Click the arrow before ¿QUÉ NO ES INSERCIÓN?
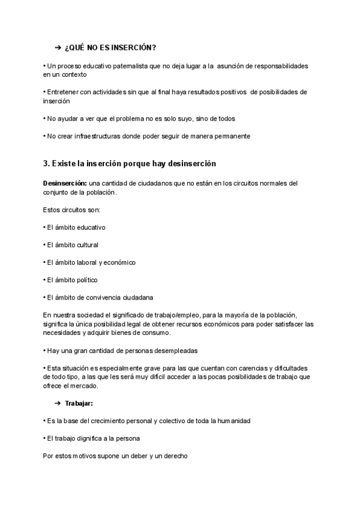click(x=58, y=47)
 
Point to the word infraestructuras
click(x=101, y=136)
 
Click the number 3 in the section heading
click(x=46, y=163)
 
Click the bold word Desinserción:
click(x=65, y=183)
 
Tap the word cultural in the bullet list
click(x=86, y=245)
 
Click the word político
click(x=85, y=280)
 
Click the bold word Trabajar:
click(x=79, y=403)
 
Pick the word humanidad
click(x=233, y=421)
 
